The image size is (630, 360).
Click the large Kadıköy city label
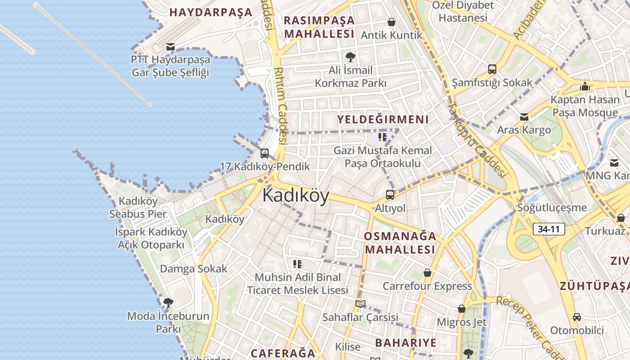pos(296,195)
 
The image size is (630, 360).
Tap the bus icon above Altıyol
pos(390,195)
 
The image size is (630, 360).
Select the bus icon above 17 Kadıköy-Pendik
pos(265,153)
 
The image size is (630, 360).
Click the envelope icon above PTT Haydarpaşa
pos(170,47)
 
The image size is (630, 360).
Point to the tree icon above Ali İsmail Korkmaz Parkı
pos(350,57)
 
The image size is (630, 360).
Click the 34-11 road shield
pos(549,229)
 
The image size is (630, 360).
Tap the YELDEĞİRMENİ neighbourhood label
pos(383,119)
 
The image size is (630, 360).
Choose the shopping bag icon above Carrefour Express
pos(427,273)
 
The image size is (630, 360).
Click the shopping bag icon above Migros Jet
pos(461,309)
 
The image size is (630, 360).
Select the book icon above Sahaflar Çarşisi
pos(360,304)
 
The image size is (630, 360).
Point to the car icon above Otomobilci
pos(576,317)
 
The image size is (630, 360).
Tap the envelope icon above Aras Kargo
pos(524,117)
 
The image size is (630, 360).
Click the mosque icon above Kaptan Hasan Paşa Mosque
pos(585,86)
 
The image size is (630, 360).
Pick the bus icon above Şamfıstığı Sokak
pos(492,69)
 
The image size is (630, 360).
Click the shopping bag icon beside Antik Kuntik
pos(391,22)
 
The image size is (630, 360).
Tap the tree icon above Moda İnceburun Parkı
pos(168,302)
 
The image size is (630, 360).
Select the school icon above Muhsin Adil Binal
pos(297,264)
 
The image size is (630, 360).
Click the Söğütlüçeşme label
pos(552,207)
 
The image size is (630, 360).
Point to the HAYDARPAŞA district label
pos(211,12)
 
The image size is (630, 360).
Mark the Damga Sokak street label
pos(193,269)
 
